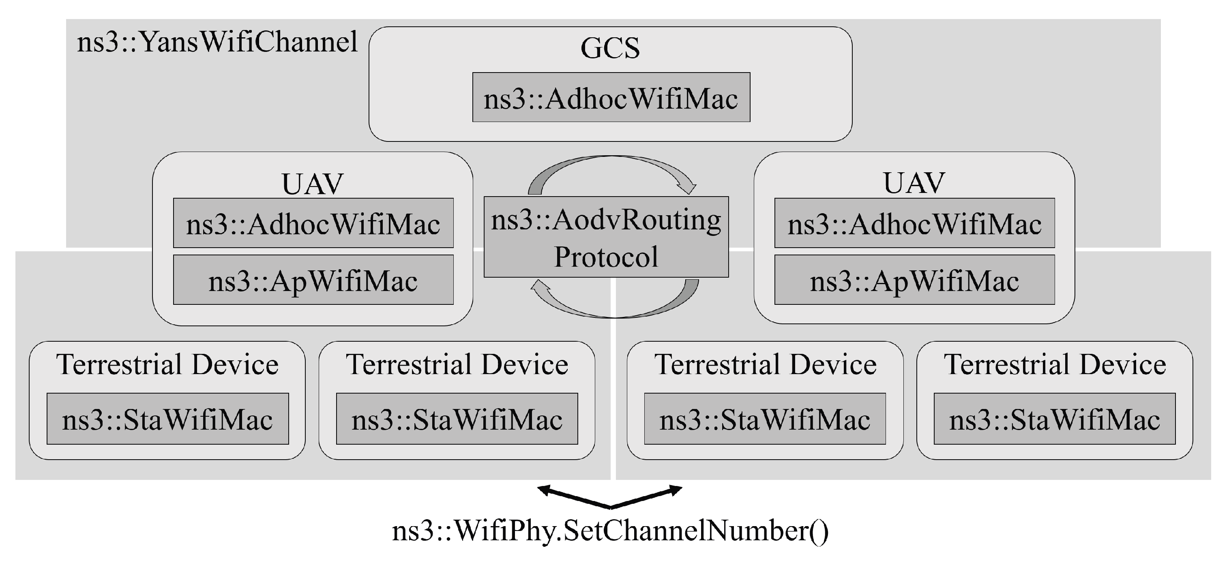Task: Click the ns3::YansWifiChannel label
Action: (x=217, y=43)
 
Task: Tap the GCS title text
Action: (x=610, y=48)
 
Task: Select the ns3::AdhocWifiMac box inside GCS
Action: (x=611, y=98)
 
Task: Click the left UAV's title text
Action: (x=313, y=184)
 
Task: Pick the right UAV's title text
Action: (x=914, y=183)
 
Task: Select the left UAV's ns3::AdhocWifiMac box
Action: (x=313, y=223)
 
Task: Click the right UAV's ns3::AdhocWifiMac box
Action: (x=914, y=223)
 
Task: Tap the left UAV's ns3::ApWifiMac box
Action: (x=313, y=280)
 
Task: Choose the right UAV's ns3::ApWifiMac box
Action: (x=914, y=280)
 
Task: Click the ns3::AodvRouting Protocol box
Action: (x=606, y=237)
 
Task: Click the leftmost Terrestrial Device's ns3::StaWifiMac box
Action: (x=167, y=419)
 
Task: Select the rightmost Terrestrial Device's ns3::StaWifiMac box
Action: (x=1054, y=419)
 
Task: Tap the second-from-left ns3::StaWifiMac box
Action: (x=457, y=419)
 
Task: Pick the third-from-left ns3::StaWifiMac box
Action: (x=765, y=419)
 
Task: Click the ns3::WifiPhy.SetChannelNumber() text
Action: (x=610, y=531)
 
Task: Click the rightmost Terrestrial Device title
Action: (x=1054, y=364)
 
